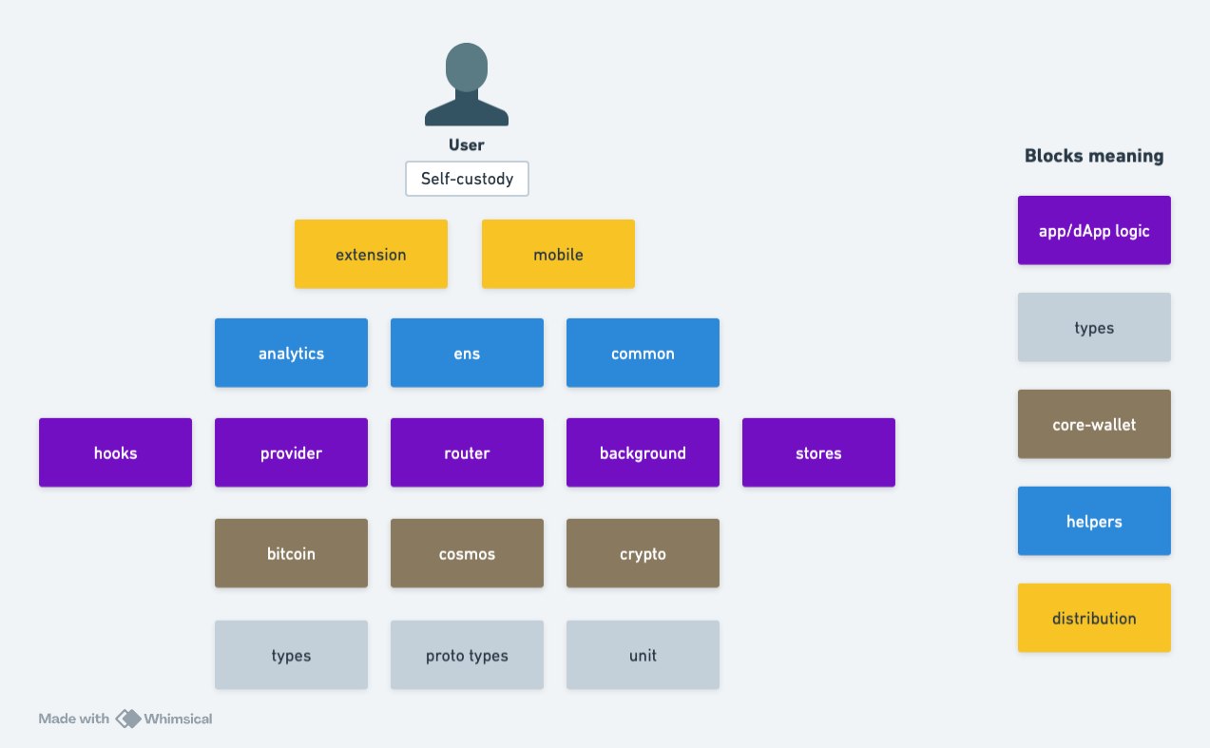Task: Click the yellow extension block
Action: pos(371,254)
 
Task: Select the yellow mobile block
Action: pos(558,254)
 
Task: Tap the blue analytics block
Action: pos(291,353)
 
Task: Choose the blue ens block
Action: pos(467,353)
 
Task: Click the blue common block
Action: pos(643,353)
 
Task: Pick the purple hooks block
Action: pos(115,452)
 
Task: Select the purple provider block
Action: pos(291,452)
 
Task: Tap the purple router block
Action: pos(467,452)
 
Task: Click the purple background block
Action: pos(643,452)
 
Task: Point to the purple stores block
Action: pos(818,452)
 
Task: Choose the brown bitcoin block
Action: pos(291,553)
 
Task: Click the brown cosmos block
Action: pos(467,553)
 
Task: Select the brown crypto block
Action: pos(643,553)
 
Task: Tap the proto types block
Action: pos(467,655)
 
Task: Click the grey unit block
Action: pos(643,655)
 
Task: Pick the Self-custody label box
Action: pos(467,179)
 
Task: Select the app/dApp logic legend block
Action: pos(1094,230)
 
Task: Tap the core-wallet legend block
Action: pos(1094,424)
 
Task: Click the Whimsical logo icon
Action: pos(128,719)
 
